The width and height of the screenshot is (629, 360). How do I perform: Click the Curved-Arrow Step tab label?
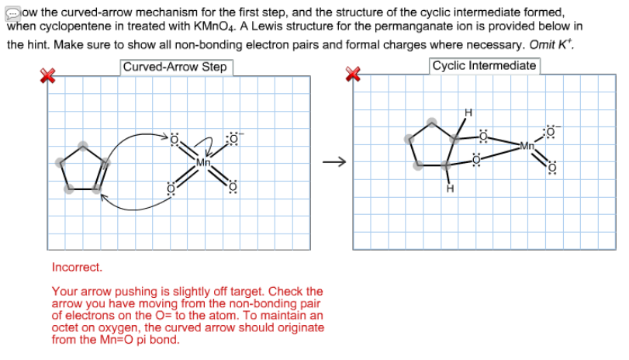(175, 67)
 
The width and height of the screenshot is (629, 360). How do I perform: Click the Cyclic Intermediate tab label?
(484, 66)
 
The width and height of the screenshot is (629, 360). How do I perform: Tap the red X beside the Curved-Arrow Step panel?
(48, 74)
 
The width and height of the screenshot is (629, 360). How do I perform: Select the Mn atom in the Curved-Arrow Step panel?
(203, 163)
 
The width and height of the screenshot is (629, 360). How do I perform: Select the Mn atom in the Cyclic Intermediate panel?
(527, 145)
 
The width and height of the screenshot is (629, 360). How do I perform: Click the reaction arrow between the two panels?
(333, 162)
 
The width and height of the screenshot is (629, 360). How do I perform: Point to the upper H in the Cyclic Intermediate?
(468, 113)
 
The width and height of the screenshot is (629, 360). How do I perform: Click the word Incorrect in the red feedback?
(77, 267)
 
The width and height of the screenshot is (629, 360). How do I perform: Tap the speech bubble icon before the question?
(13, 13)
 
